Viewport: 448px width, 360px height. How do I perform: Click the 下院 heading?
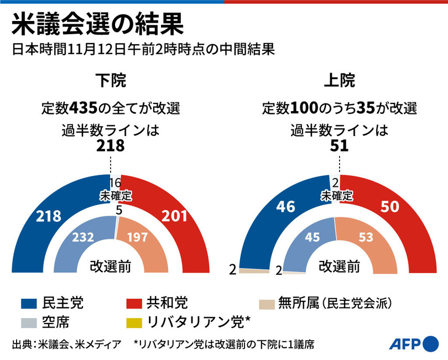pos(111,81)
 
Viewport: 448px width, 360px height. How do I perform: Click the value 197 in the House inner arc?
pos(138,237)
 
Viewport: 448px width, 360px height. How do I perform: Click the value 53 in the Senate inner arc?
pos(366,238)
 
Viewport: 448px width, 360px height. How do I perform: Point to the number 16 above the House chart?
pos(115,184)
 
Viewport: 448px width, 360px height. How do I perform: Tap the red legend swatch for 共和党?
pos(134,304)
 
